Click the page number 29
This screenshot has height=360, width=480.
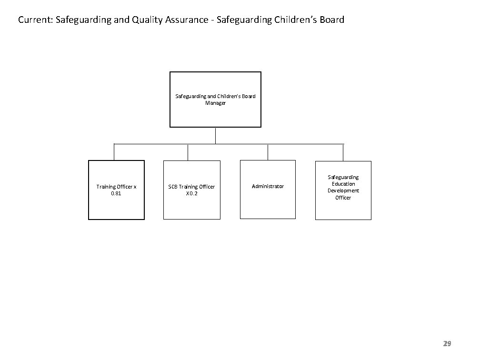pyautogui.click(x=447, y=343)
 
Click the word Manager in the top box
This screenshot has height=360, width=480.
pyautogui.click(x=215, y=103)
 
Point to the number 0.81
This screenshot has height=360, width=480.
pyautogui.click(x=116, y=193)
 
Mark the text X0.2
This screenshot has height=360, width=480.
pyautogui.click(x=191, y=193)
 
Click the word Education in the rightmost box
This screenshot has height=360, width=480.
pyautogui.click(x=343, y=184)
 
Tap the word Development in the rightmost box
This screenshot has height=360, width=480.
pyautogui.click(x=343, y=190)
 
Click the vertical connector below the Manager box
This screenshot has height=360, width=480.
pyautogui.click(x=216, y=135)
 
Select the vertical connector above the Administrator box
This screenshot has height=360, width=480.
pyautogui.click(x=268, y=152)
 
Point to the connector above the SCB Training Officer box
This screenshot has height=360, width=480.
pyautogui.click(x=188, y=152)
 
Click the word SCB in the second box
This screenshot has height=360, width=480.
pyautogui.click(x=173, y=187)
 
